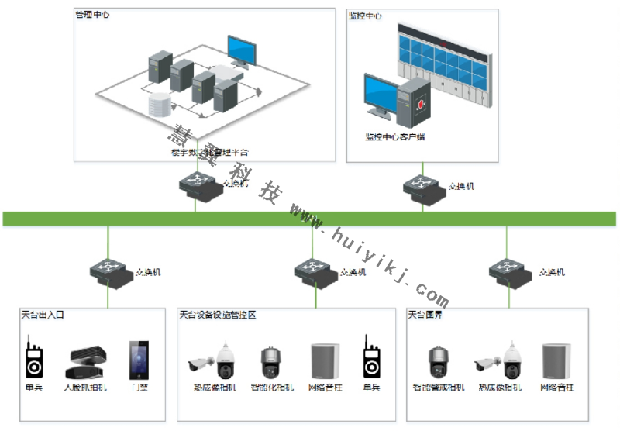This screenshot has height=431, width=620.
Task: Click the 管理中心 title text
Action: pyautogui.click(x=92, y=16)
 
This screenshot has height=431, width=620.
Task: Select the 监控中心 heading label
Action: pyautogui.click(x=365, y=16)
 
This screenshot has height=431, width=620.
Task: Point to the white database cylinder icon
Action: pyautogui.click(x=157, y=105)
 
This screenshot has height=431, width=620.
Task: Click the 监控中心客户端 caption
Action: pyautogui.click(x=395, y=137)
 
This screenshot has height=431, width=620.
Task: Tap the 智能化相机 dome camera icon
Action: pyautogui.click(x=272, y=361)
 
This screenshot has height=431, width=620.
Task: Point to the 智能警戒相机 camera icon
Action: pyautogui.click(x=439, y=361)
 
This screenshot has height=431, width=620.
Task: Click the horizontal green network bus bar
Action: pyautogui.click(x=310, y=218)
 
